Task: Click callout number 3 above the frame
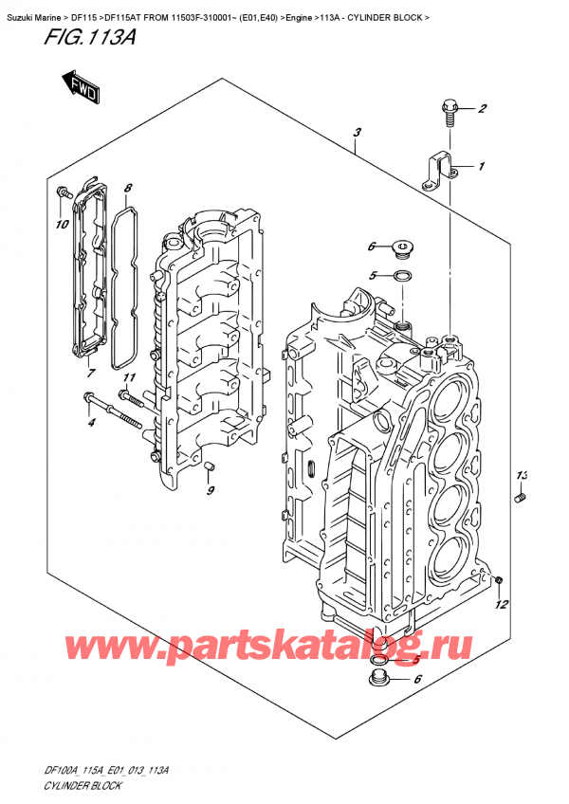pos(356,134)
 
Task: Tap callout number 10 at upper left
pos(63,225)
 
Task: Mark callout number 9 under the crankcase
pos(211,489)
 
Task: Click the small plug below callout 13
pos(520,498)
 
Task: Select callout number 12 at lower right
pos(503,603)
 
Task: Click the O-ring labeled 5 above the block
pos(401,277)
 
